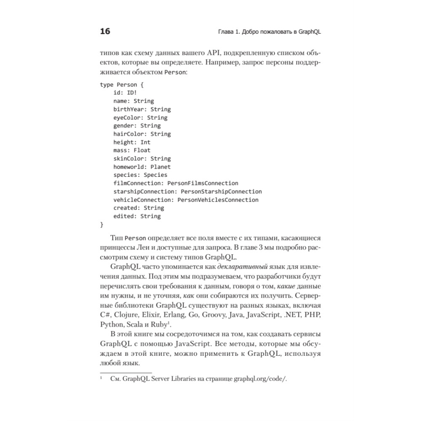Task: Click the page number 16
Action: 105,32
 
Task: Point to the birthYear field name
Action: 129,109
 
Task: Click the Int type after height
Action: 145,142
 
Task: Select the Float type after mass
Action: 142,150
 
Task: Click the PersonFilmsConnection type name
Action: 203,183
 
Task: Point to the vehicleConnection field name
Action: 143,200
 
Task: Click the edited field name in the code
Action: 124,216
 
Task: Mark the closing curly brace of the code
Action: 101,224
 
